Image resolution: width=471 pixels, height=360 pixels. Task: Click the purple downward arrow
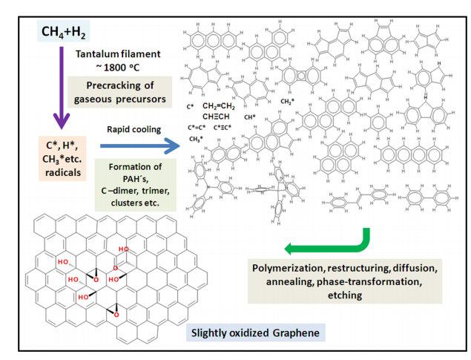61,90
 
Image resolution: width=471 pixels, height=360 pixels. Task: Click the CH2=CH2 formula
220,106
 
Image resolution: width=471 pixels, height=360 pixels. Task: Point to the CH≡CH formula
216,117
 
